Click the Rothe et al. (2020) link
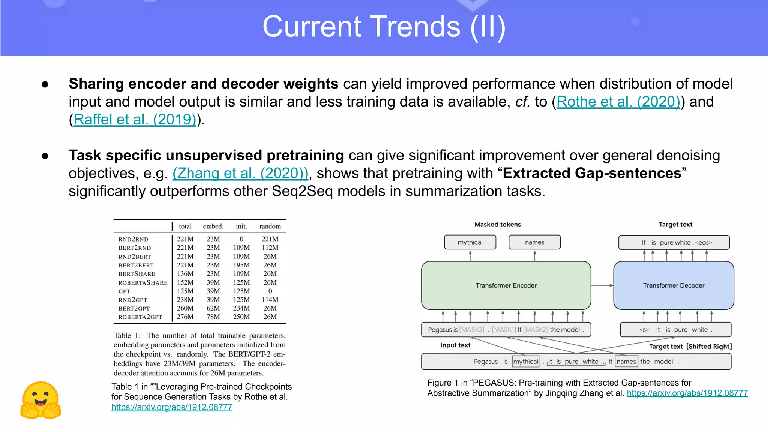(618, 102)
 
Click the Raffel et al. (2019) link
(135, 120)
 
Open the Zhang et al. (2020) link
(240, 173)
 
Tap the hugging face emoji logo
(41, 400)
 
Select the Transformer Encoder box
(506, 285)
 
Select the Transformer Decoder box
(673, 285)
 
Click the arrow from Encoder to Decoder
(602, 285)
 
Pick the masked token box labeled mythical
(470, 242)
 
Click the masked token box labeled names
(534, 242)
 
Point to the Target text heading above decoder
(675, 225)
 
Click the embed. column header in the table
(213, 226)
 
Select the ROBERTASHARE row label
(143, 283)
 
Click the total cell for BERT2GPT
(185, 308)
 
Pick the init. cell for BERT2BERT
(241, 265)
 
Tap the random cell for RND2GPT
(270, 300)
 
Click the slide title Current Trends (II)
(384, 27)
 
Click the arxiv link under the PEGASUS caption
(687, 393)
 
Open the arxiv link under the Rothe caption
(172, 407)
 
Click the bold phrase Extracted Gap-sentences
(592, 173)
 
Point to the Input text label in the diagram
(455, 345)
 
